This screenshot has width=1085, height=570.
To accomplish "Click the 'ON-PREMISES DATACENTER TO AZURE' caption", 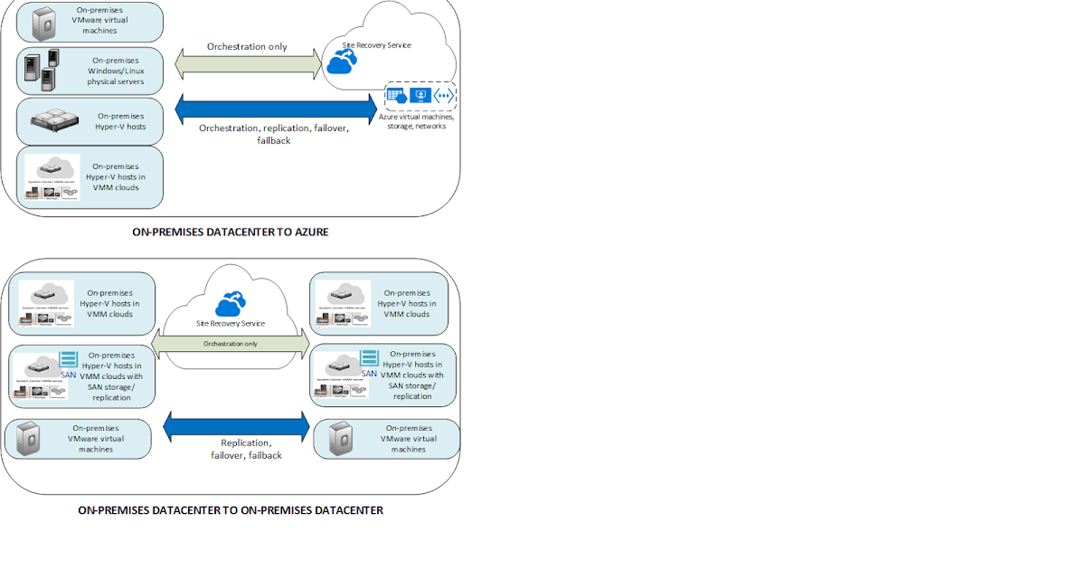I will [231, 233].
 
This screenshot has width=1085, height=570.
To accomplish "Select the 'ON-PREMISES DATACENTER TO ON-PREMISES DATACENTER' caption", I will [231, 510].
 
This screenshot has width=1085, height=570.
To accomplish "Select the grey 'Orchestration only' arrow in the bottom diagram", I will [231, 344].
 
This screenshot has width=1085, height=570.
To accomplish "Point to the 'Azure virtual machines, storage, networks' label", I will [417, 121].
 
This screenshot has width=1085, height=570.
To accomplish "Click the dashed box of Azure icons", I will [420, 95].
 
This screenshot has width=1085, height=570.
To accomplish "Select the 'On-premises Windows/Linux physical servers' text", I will [116, 71].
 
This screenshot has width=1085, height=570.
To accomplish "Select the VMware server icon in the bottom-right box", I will [341, 439].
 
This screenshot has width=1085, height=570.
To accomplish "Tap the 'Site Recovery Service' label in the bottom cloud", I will [230, 323].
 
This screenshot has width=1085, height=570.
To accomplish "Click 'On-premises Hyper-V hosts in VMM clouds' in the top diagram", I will [116, 176].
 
